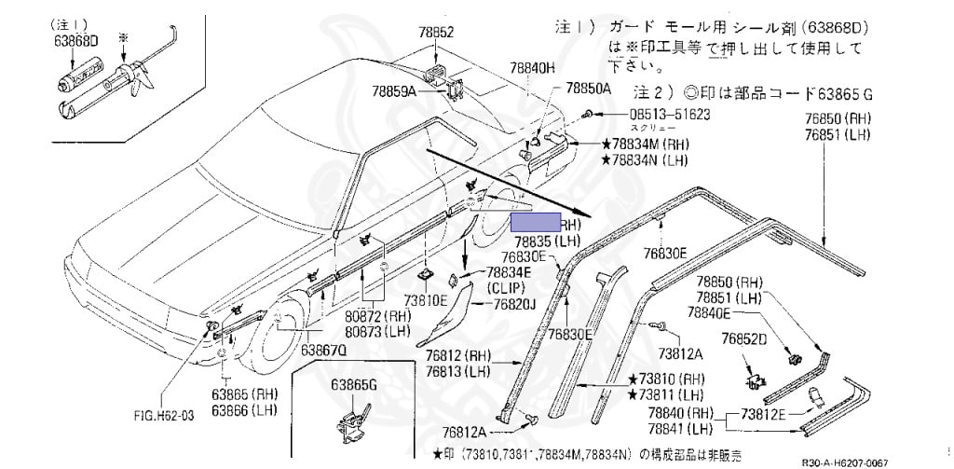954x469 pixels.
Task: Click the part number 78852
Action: (434, 32)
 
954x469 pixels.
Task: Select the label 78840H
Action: (531, 68)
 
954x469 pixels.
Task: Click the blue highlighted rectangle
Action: (535, 223)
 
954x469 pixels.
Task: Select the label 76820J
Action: (515, 304)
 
